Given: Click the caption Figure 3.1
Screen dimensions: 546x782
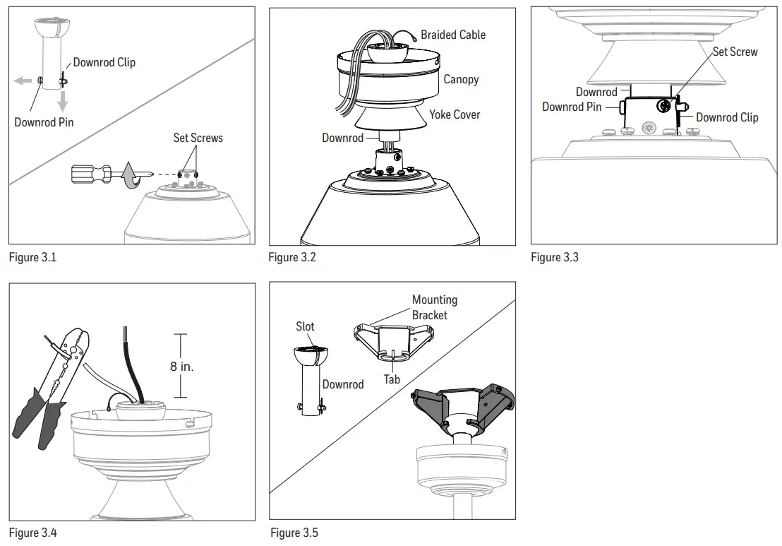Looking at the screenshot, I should click(32, 257).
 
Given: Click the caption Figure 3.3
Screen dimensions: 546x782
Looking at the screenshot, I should click(555, 257).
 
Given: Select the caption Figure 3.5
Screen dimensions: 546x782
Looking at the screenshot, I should click(294, 532).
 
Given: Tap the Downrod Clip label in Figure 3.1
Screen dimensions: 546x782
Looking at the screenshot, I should click(104, 62).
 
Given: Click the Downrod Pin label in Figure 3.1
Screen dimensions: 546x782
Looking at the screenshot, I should click(44, 122).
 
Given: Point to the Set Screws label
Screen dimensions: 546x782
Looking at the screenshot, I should click(198, 138).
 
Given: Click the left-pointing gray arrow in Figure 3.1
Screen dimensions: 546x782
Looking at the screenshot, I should click(23, 81).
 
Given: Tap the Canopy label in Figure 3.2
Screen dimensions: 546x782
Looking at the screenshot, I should click(461, 79).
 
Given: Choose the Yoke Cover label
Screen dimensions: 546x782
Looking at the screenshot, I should click(455, 114).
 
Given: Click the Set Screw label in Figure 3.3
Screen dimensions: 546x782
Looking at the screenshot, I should click(735, 52).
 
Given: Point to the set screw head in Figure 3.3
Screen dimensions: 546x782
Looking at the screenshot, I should click(663, 106).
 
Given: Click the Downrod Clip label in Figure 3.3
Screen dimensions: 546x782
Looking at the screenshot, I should click(727, 117).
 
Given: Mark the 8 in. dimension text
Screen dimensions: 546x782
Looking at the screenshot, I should click(181, 366).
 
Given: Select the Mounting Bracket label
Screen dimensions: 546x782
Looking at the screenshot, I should click(434, 307).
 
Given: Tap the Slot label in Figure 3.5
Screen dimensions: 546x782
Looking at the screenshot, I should click(305, 326).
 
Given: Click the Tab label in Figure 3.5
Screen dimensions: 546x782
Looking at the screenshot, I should click(392, 379).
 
